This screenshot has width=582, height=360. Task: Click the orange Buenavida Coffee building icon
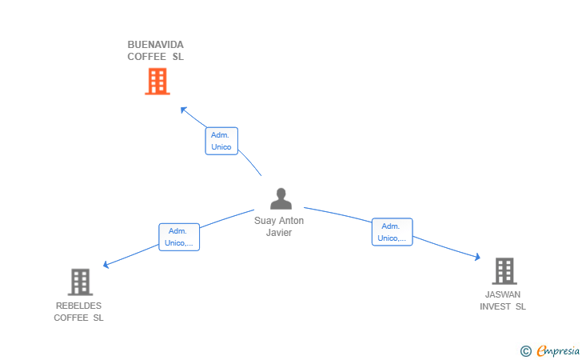pyautogui.click(x=157, y=81)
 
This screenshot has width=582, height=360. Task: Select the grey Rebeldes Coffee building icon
pyautogui.click(x=80, y=282)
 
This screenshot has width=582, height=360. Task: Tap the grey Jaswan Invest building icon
pyautogui.click(x=504, y=271)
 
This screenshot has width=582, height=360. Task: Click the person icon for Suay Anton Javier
pyautogui.click(x=281, y=198)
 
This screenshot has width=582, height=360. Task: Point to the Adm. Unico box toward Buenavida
pyautogui.click(x=221, y=142)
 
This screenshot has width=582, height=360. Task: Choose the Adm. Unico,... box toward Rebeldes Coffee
pyautogui.click(x=179, y=237)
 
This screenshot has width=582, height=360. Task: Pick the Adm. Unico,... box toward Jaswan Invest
pyautogui.click(x=392, y=232)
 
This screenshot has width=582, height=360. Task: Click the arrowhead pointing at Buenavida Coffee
pyautogui.click(x=183, y=109)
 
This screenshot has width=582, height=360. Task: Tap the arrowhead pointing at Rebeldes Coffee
pyautogui.click(x=106, y=265)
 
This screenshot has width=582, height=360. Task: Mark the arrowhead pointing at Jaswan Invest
pyautogui.click(x=477, y=258)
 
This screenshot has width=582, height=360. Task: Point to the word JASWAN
pyautogui.click(x=503, y=294)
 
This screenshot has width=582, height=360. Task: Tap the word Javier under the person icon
pyautogui.click(x=279, y=233)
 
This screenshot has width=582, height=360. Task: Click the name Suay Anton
pyautogui.click(x=279, y=221)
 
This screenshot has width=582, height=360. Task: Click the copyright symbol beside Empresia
pyautogui.click(x=525, y=350)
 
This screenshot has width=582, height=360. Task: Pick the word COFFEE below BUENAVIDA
pyautogui.click(x=147, y=57)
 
